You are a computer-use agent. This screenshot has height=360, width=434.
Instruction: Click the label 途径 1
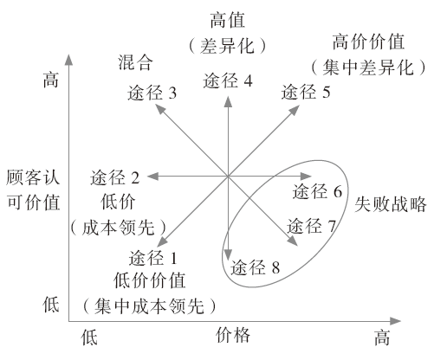click(x=152, y=257)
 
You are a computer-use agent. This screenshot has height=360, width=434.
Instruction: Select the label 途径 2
click(x=115, y=179)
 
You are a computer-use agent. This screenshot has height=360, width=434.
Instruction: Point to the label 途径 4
click(x=228, y=81)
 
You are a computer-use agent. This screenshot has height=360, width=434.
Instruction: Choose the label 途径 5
click(x=306, y=91)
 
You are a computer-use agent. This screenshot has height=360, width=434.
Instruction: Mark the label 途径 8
click(x=256, y=268)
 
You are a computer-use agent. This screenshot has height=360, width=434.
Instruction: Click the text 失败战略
click(x=389, y=205)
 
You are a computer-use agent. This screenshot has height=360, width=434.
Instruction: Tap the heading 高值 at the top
click(x=228, y=19)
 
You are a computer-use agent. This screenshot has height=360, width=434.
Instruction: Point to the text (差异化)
click(x=228, y=44)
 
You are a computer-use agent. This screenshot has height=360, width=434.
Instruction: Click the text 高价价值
click(x=368, y=41)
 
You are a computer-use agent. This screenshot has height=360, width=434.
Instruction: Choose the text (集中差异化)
click(x=368, y=65)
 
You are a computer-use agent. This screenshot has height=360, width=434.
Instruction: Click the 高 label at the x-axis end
click(x=382, y=336)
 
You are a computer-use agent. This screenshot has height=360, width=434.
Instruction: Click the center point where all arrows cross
click(x=228, y=177)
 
